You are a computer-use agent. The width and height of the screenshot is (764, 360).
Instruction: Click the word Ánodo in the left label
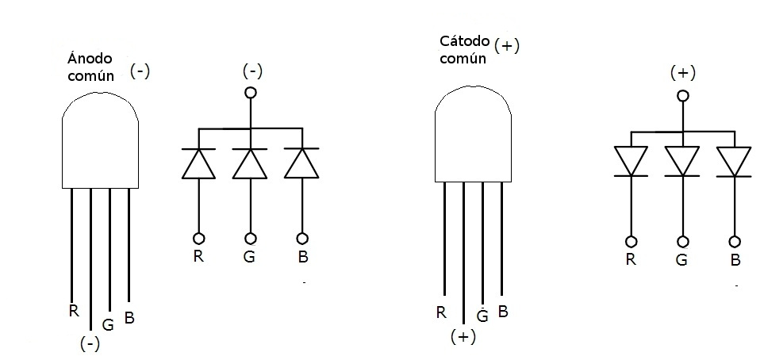click(x=89, y=59)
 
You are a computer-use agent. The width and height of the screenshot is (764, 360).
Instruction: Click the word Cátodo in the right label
click(x=464, y=41)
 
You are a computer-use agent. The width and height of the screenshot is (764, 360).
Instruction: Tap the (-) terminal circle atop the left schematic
click(x=251, y=93)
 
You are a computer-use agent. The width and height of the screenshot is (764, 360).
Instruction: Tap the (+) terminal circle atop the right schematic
click(x=681, y=96)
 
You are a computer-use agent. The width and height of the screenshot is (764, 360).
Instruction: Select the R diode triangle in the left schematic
click(x=198, y=163)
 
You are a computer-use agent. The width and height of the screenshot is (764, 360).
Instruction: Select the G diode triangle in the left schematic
click(x=251, y=163)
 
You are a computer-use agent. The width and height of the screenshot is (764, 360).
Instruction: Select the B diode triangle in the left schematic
click(x=302, y=163)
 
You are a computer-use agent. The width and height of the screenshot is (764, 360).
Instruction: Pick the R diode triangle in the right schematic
click(x=632, y=161)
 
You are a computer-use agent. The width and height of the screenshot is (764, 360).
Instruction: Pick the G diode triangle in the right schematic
click(x=681, y=161)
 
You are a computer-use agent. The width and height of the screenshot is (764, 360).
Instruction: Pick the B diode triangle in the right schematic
click(x=734, y=161)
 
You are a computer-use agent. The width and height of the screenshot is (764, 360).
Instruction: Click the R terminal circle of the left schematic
click(x=198, y=238)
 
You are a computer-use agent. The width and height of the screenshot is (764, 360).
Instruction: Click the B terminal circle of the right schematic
click(x=735, y=241)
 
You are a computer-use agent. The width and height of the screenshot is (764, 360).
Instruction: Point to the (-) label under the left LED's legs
click(x=90, y=344)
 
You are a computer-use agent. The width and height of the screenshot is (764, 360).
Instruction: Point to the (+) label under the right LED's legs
click(x=463, y=336)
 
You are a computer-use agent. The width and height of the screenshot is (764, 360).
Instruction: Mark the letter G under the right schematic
click(x=681, y=259)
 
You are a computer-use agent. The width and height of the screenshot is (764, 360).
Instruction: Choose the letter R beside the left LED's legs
click(x=74, y=310)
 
